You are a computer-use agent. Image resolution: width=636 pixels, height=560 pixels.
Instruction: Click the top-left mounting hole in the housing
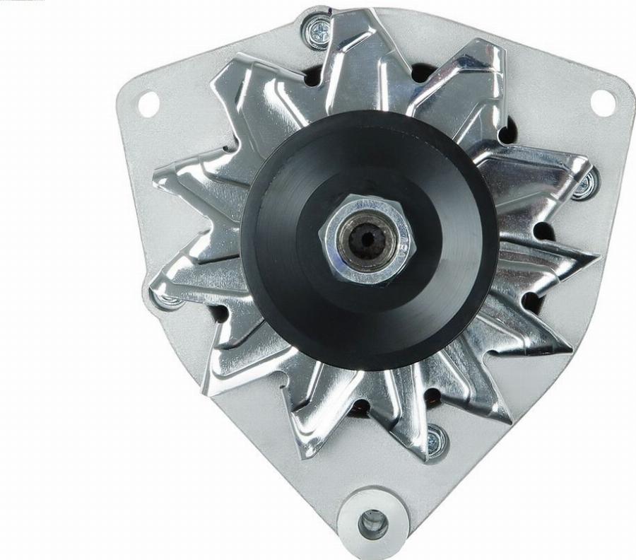click(148, 104)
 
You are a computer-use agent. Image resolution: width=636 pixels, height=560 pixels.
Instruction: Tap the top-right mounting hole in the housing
click(603, 102)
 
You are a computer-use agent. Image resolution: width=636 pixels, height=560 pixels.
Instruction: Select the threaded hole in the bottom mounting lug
click(372, 523)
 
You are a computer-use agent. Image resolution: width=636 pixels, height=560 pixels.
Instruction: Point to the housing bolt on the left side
click(167, 299)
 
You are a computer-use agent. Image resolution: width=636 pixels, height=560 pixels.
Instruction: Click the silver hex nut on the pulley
click(365, 240)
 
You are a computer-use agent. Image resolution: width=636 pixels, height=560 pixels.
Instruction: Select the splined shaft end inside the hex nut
click(365, 240)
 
